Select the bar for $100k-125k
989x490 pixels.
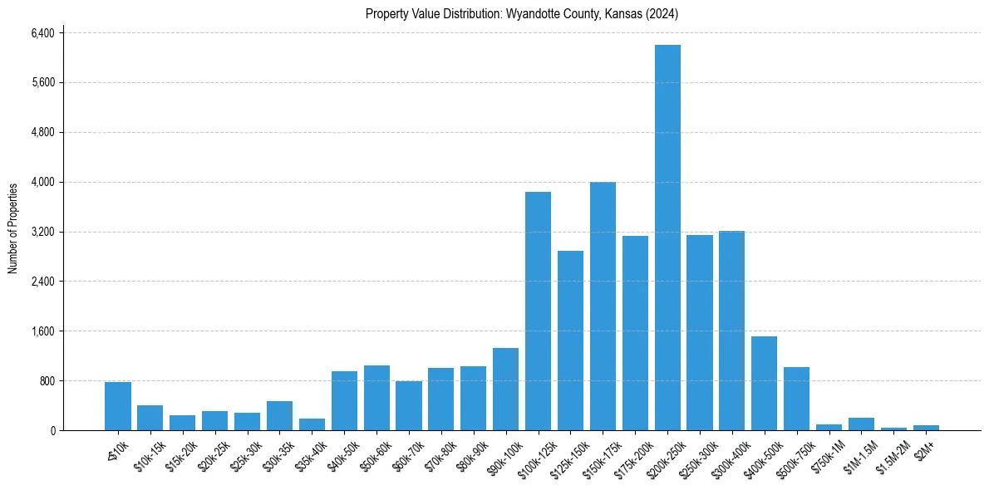pos(538,311)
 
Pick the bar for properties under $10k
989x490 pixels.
pos(117,406)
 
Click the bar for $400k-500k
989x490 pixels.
pos(764,383)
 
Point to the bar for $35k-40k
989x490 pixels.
pos(312,424)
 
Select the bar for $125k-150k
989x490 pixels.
pos(570,341)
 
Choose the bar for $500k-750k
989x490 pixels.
pos(796,399)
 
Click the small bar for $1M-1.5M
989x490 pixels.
pos(861,424)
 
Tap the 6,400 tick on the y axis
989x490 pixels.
pos(42,33)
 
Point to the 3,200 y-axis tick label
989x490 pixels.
pos(42,232)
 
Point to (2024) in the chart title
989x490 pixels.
pos(664,14)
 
